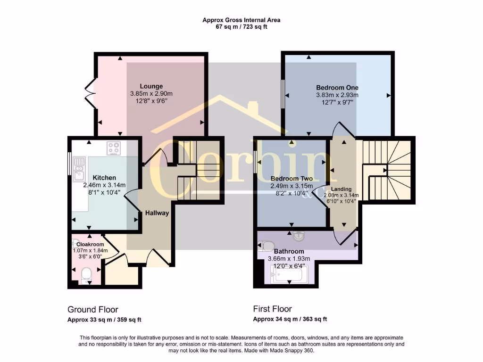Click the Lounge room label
pyautogui.click(x=151, y=86)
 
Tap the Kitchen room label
pyautogui.click(x=104, y=178)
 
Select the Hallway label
pyautogui.click(x=157, y=213)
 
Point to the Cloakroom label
pyautogui.click(x=90, y=244)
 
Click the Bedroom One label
pyautogui.click(x=337, y=88)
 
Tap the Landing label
pyautogui.click(x=341, y=189)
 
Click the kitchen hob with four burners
pyautogui.click(x=114, y=148)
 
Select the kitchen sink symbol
pyautogui.click(x=78, y=169)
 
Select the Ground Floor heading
pyautogui.click(x=92, y=310)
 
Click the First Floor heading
pyautogui.click(x=272, y=309)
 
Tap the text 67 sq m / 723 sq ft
pyautogui.click(x=241, y=27)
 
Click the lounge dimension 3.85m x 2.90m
pyautogui.click(x=151, y=94)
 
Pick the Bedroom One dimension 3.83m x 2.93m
pyautogui.click(x=337, y=95)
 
